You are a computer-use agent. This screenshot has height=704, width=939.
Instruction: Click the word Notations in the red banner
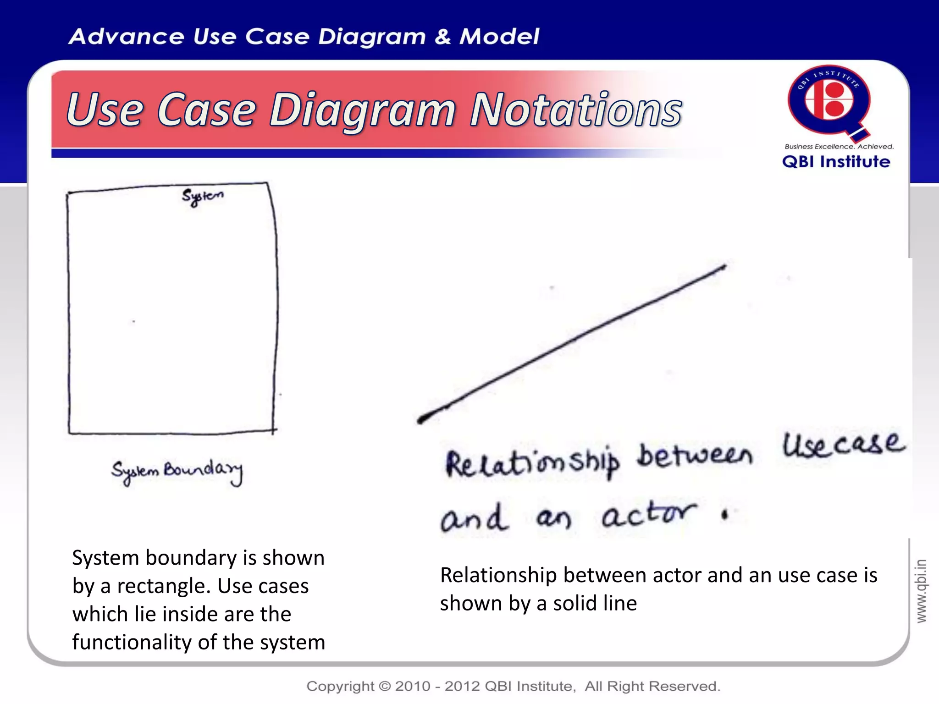point(576,110)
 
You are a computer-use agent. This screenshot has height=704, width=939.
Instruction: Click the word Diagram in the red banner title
point(362,110)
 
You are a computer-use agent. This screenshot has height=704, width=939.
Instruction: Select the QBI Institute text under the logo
point(836,162)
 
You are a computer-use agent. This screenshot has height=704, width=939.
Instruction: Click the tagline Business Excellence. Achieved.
point(839,147)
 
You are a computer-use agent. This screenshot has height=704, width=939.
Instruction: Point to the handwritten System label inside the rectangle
point(202,197)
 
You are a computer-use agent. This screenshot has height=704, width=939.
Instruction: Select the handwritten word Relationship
point(532,463)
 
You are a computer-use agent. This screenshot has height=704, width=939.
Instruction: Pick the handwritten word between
point(695,455)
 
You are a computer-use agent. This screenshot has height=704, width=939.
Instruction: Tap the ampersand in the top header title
point(442,37)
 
